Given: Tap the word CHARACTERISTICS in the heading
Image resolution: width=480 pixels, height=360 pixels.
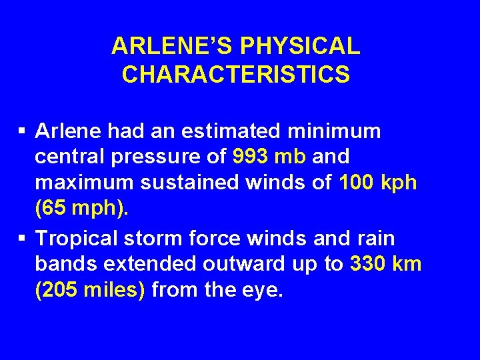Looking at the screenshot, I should [x=235, y=75].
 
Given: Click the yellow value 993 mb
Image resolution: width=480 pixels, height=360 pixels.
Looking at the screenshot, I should [x=269, y=157].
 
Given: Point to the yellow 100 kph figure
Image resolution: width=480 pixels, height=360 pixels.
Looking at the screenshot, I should [x=378, y=183].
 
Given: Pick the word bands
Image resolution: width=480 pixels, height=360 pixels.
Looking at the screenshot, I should [x=65, y=264].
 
